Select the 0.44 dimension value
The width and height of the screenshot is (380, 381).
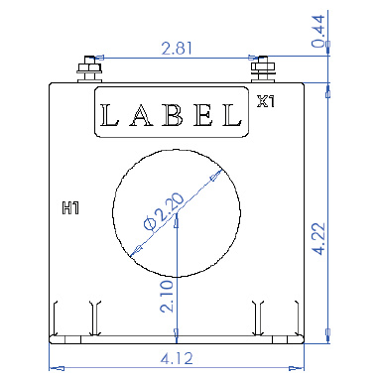[347, 31]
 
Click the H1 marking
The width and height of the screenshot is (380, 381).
[70, 209]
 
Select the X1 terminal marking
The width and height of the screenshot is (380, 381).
[265, 100]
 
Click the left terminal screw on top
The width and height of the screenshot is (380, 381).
[86, 68]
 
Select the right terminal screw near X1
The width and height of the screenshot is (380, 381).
[263, 68]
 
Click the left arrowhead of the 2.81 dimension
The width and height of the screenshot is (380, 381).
[91, 57]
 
